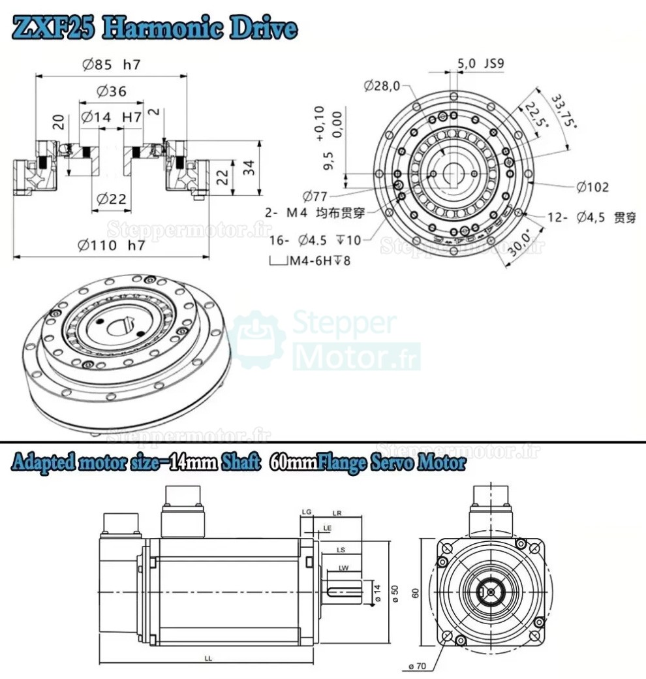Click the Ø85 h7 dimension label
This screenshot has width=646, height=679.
[x=112, y=65]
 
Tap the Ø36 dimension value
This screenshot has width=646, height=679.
[x=112, y=92]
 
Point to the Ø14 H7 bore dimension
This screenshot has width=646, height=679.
[x=112, y=117]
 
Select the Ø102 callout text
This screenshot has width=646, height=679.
[x=592, y=187]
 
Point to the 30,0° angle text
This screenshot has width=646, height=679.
[x=519, y=245]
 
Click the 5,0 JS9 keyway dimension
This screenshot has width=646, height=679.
[x=481, y=63]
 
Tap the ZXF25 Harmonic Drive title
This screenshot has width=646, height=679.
[x=155, y=29]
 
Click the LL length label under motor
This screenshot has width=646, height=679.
[x=208, y=659]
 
